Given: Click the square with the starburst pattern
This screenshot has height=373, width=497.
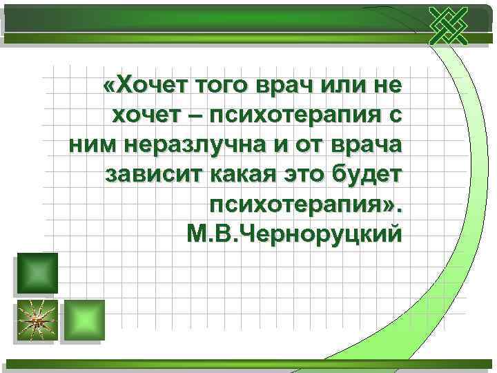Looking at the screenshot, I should [x=36, y=320].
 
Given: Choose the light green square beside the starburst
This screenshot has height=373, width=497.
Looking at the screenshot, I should [x=84, y=320].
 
